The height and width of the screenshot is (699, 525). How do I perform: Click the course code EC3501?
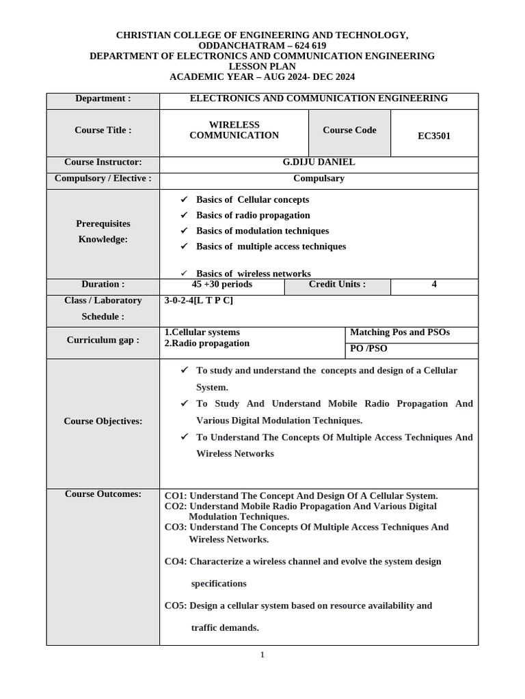pyautogui.click(x=434, y=136)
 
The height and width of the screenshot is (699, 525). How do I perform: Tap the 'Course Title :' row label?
pyautogui.click(x=103, y=130)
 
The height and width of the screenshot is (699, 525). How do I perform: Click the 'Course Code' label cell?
pyautogui.click(x=349, y=130)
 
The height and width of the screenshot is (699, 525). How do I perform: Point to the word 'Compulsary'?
pyautogui.click(x=319, y=179)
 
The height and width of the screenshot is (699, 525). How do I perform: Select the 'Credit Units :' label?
pyautogui.click(x=337, y=285)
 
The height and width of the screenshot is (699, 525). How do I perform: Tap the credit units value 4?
pyautogui.click(x=434, y=285)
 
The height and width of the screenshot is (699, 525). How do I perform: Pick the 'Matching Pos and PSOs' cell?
pyautogui.click(x=400, y=333)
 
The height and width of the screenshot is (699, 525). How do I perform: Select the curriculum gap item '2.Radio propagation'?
pyautogui.click(x=207, y=343)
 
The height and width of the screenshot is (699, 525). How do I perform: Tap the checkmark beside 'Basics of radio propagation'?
pyautogui.click(x=183, y=215)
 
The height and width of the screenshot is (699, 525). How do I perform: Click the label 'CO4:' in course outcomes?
pyautogui.click(x=176, y=562)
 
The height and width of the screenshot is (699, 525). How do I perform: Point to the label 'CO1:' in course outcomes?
pyautogui.click(x=176, y=496)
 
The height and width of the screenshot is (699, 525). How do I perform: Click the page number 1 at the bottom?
pyautogui.click(x=262, y=655)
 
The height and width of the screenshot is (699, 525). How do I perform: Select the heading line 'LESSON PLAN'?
pyautogui.click(x=262, y=67)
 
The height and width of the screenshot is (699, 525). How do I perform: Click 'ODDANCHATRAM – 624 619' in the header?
pyautogui.click(x=262, y=46)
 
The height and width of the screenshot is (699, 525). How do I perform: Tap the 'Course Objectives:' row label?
pyautogui.click(x=103, y=421)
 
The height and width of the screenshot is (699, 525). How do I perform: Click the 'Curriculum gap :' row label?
pyautogui.click(x=103, y=340)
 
